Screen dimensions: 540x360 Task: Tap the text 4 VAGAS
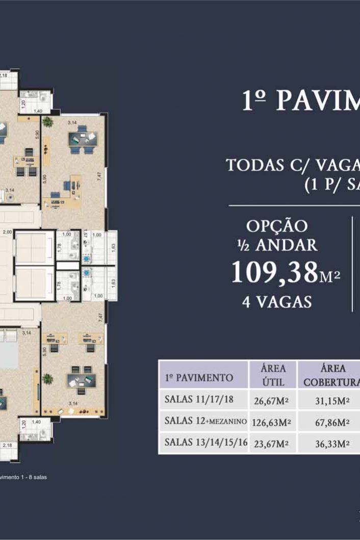(277, 302)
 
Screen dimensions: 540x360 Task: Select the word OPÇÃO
(277, 226)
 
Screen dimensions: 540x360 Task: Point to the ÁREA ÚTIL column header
(272, 375)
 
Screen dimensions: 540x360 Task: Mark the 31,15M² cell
(332, 400)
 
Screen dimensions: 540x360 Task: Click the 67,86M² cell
(332, 422)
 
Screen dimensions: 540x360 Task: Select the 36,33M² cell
(332, 444)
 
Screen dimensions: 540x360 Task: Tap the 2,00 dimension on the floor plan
(8, 232)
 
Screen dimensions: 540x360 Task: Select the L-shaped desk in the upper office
(66, 190)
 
